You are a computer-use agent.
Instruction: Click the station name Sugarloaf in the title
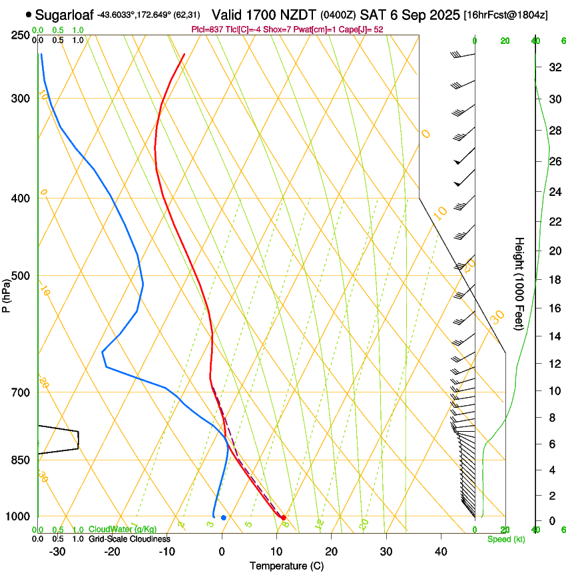pos(64,14)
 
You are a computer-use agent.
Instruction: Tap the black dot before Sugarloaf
pos(29,14)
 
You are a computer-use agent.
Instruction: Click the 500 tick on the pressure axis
pos(21,276)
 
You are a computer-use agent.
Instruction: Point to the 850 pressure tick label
pos(21,460)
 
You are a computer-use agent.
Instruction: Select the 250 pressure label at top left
pos(21,35)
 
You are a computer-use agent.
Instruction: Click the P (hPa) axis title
pos(7,293)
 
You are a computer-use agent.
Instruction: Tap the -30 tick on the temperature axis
pos(57,552)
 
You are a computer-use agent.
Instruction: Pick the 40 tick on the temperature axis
pos(441,552)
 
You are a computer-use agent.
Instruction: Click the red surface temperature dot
pos(284,518)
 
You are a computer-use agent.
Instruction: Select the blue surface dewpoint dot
pos(224,518)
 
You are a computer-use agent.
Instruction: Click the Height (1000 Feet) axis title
pos(519,283)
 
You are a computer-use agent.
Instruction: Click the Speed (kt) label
pos(506,539)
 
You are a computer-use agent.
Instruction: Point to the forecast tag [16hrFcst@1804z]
pos(506,15)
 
